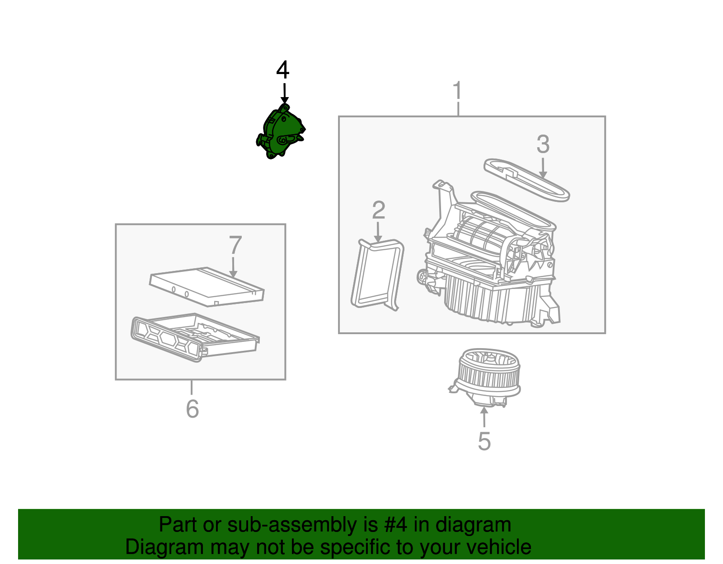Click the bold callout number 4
(282, 70)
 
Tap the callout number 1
(457, 90)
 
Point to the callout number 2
(378, 210)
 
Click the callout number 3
(543, 144)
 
